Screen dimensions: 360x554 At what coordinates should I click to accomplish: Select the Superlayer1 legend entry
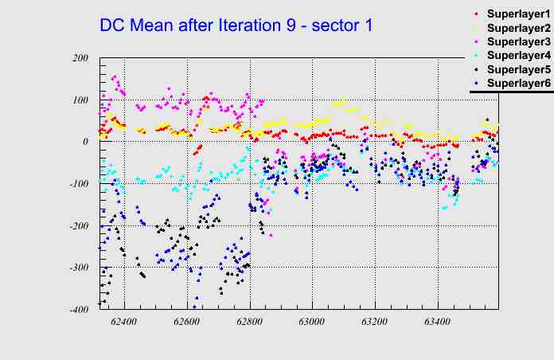[518, 15]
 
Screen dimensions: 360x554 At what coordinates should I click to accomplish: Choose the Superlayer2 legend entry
[518, 29]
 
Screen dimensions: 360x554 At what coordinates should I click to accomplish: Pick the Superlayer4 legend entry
[518, 56]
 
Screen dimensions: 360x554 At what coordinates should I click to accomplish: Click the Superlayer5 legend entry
[518, 69]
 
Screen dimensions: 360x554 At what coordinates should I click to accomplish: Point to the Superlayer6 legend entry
[518, 83]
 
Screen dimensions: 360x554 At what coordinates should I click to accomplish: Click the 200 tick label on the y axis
[80, 58]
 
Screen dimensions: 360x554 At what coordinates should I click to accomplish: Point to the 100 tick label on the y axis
[80, 100]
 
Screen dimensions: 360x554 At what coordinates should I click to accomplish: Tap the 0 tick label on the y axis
[85, 142]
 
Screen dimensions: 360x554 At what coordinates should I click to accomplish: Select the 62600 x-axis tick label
[187, 323]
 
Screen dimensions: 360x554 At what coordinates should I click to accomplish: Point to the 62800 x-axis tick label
[250, 323]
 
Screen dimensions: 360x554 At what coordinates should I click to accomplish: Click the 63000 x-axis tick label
[312, 323]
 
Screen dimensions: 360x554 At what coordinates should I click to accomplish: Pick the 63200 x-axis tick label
[375, 323]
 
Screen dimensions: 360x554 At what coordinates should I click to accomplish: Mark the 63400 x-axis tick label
[437, 323]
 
